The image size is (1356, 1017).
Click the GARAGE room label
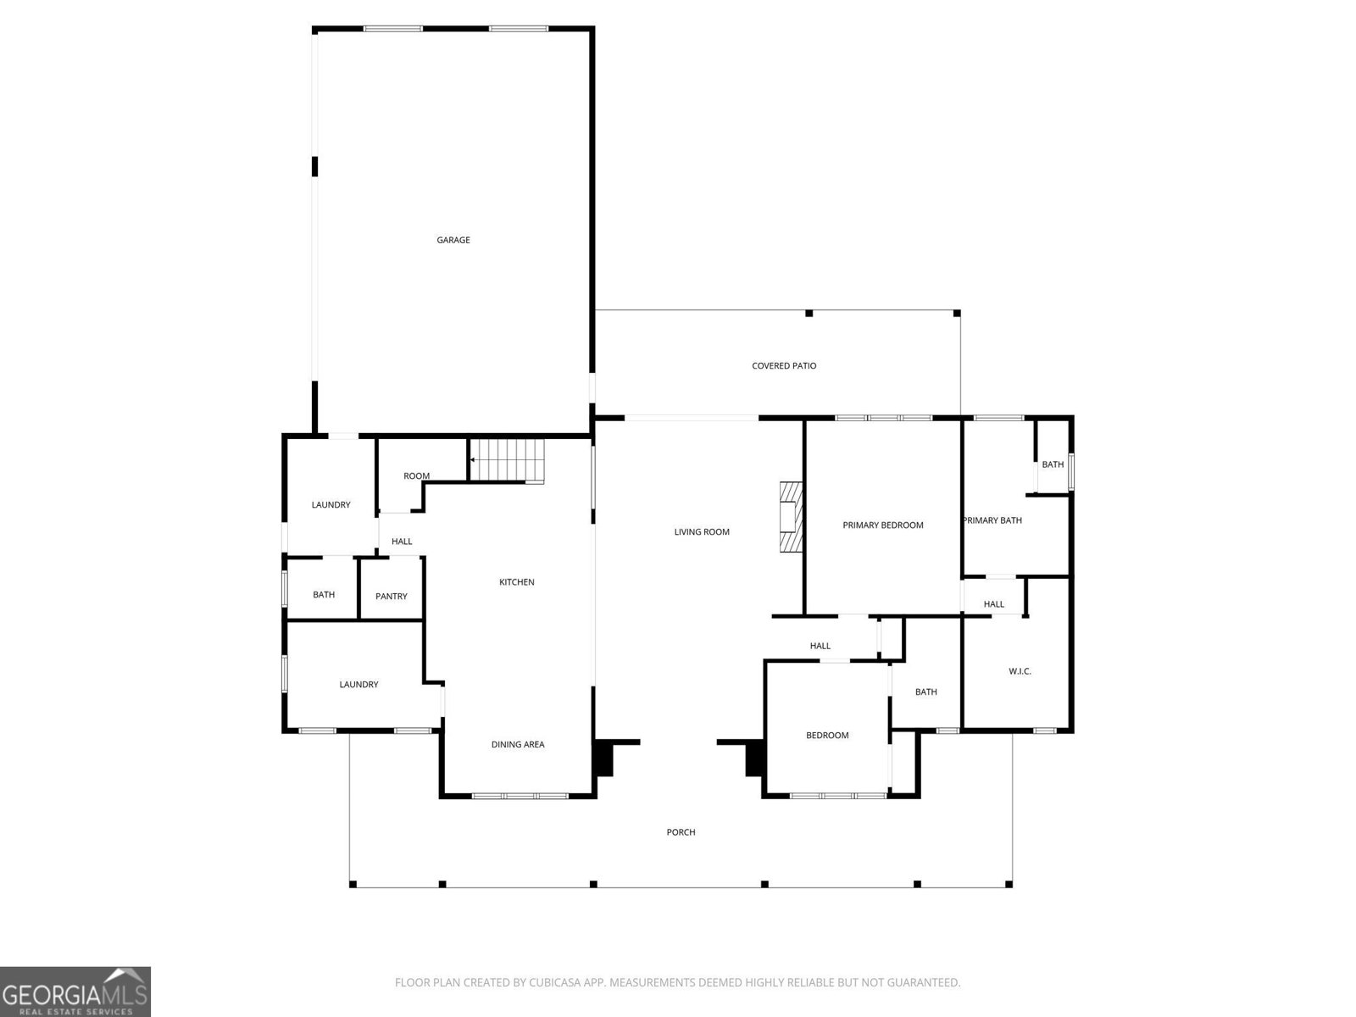coord(453,240)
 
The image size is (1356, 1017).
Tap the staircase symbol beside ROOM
coord(507,460)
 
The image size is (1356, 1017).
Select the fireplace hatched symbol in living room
coord(790,517)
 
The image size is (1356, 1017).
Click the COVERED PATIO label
coord(784,366)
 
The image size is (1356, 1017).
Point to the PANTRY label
coord(392,597)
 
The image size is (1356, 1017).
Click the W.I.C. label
coord(1020,671)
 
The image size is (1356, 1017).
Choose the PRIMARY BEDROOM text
coord(882,525)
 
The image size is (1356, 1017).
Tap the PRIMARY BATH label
coord(992,520)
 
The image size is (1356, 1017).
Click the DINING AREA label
coord(518,745)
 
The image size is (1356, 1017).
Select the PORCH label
coord(681,832)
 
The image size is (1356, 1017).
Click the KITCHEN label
coord(516,582)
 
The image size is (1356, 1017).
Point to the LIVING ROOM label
coord(702,532)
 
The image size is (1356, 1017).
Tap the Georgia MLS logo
coord(75,991)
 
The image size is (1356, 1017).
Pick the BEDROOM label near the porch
coord(827,736)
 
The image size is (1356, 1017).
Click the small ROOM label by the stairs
coord(416,476)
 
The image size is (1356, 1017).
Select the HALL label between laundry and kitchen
coord(402,542)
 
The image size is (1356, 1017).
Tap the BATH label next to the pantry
coord(324,595)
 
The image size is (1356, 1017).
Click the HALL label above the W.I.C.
coord(994,604)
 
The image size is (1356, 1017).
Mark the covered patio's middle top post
coord(809,314)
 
